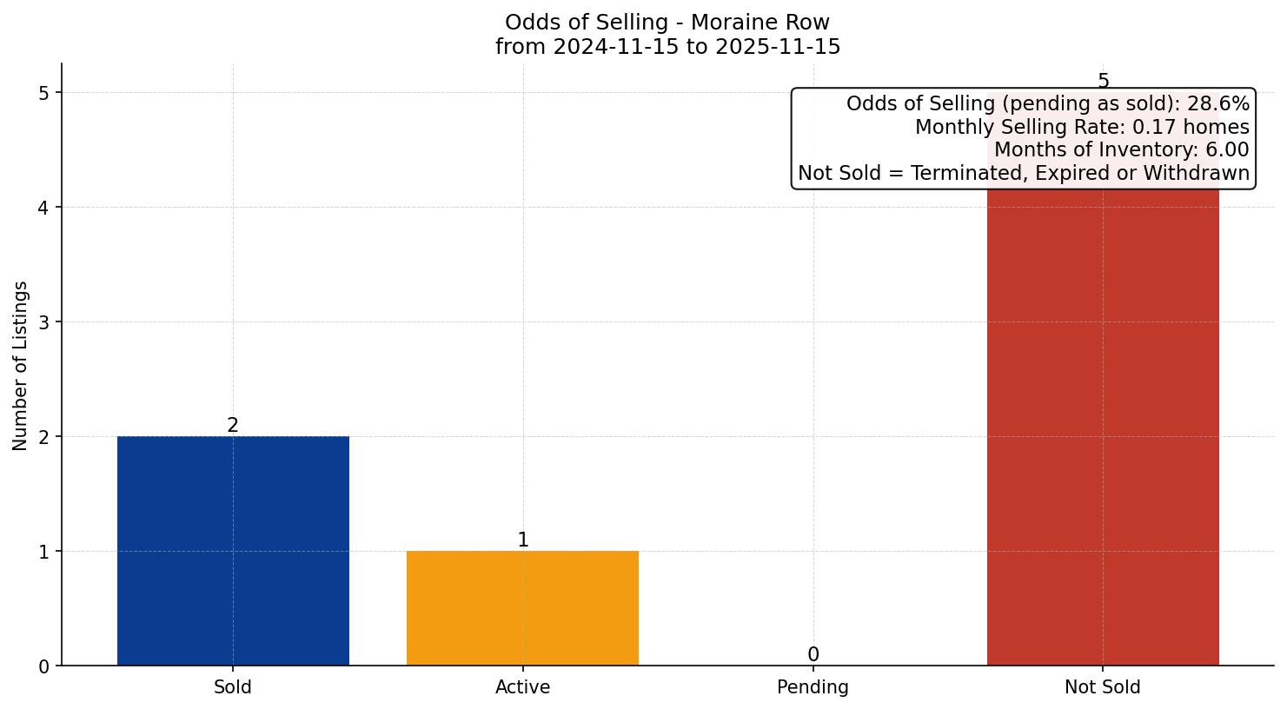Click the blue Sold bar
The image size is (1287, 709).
(233, 551)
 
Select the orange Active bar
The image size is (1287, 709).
(522, 608)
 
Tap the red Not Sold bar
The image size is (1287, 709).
(1103, 426)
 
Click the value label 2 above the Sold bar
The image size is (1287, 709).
(233, 425)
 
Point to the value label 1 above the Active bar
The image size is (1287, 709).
(523, 540)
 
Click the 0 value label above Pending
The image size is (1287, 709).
(813, 654)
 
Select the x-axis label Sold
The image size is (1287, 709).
(233, 687)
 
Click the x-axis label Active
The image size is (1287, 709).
(522, 687)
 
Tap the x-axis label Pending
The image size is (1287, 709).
(813, 687)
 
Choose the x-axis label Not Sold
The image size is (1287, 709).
(1102, 687)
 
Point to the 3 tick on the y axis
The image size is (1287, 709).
(44, 322)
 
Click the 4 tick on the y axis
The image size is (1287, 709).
(44, 208)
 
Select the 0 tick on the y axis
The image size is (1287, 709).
(44, 666)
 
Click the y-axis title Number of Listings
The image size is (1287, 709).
(21, 365)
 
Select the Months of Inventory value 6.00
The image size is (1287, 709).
(1226, 150)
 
